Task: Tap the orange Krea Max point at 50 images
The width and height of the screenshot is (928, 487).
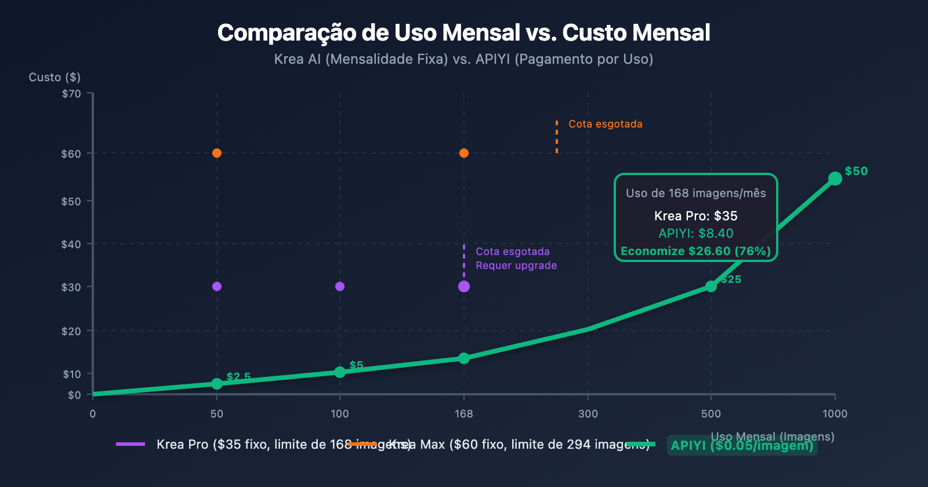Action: point(217,153)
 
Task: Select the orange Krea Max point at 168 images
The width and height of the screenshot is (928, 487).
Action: point(464,153)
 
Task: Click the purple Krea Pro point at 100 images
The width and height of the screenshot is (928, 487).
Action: point(340,286)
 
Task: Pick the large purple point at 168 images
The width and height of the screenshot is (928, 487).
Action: point(464,286)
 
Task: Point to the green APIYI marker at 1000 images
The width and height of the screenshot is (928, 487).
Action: point(835,179)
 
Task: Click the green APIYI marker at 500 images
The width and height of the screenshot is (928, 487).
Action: point(711,286)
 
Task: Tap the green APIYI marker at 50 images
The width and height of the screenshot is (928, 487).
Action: point(217,384)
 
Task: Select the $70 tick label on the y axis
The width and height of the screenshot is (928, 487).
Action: point(71,94)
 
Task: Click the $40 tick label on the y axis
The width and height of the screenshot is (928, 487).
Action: point(71,244)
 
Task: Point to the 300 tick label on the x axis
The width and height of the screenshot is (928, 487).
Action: point(588,414)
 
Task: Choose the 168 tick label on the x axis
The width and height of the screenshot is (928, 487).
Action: point(464,414)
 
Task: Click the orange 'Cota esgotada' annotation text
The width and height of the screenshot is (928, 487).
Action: point(606,124)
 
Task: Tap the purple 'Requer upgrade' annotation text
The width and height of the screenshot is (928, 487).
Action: point(516,266)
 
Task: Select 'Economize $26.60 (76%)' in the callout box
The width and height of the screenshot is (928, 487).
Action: point(695,251)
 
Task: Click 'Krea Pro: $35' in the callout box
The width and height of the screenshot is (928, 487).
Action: point(695,216)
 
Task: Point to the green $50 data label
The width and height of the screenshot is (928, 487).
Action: point(856,171)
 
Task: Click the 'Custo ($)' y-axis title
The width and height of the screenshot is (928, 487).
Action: point(55,77)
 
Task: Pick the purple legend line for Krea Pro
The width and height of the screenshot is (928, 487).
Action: point(130,444)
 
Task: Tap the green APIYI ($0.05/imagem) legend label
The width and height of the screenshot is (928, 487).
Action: point(742,445)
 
